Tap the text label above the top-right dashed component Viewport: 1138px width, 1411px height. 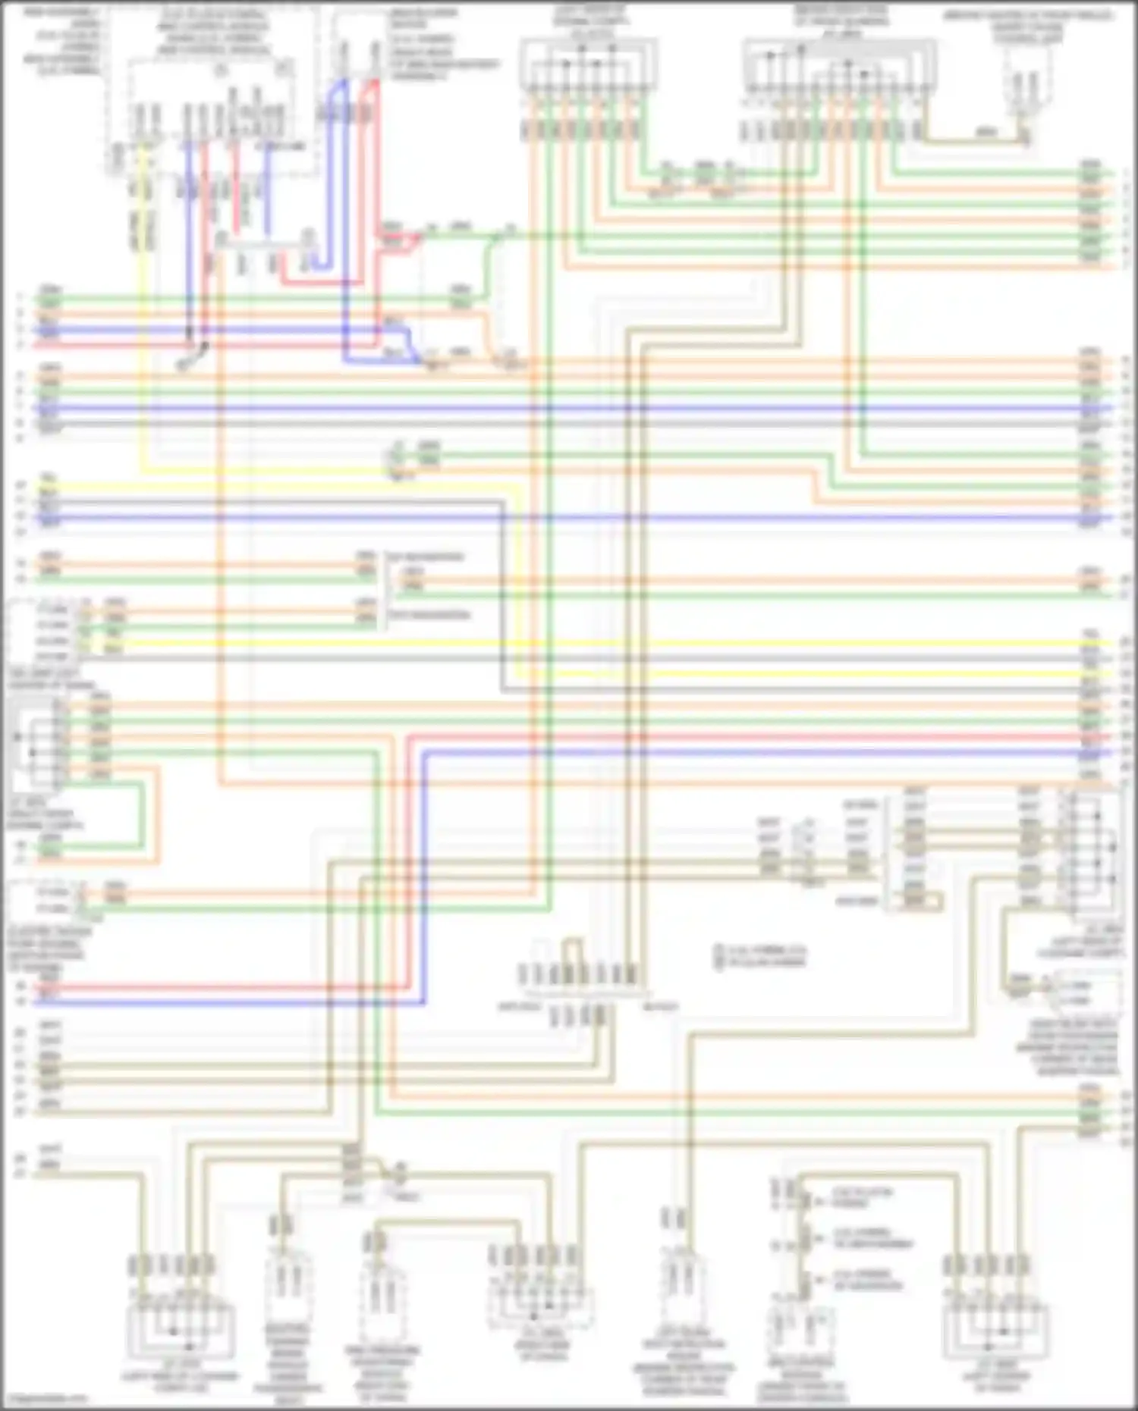pyautogui.click(x=1027, y=27)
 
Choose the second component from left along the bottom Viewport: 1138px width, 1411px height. pyautogui.click(x=287, y=1289)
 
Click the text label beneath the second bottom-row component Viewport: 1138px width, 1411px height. pyautogui.click(x=287, y=1361)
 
